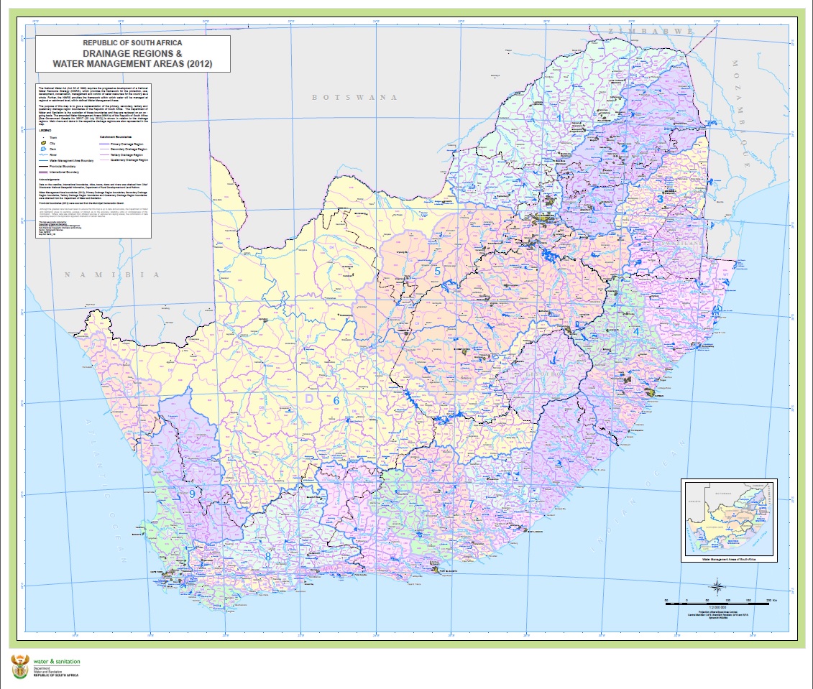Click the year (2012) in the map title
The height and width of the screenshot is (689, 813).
coord(193,65)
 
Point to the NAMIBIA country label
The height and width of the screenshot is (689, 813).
coord(111,274)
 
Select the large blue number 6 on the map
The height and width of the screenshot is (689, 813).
coord(335,401)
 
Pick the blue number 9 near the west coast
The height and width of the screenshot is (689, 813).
coord(192,494)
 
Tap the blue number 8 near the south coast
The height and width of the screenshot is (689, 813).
coord(268,556)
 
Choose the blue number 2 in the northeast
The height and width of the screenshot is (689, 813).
coord(625,149)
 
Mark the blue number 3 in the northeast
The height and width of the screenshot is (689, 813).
coord(660,199)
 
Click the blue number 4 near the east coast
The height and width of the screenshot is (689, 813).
coord(636,330)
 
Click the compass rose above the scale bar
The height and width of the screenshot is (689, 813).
coord(717,587)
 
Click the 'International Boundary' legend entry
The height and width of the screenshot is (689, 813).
coord(64,173)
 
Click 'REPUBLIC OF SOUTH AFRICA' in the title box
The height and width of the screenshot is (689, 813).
coord(133,43)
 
